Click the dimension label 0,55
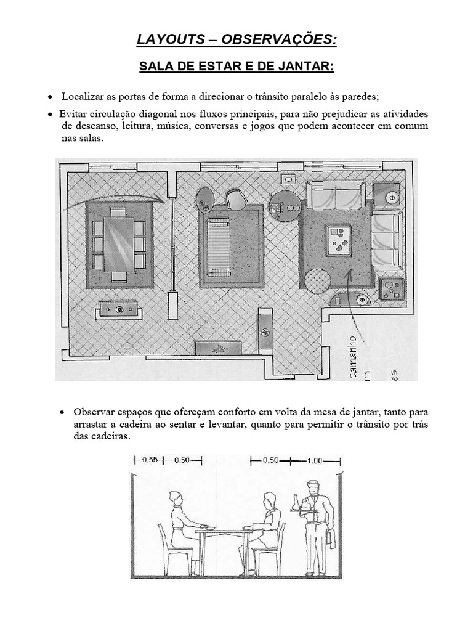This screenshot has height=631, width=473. pos(150,459)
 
